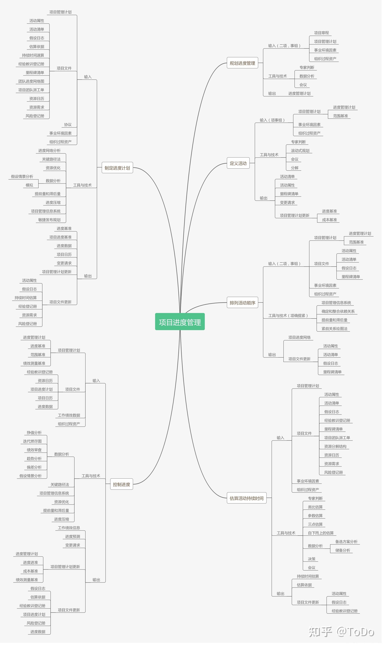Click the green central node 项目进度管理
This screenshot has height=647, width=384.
(181, 324)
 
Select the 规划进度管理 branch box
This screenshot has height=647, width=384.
(244, 63)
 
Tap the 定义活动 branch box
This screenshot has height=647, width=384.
(239, 164)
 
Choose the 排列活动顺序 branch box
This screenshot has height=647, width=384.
(244, 304)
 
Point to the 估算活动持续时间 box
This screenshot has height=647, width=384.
(248, 501)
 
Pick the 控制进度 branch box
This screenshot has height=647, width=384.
(122, 487)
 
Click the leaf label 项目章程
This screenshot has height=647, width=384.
(323, 33)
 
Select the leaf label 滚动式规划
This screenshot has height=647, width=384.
(302, 151)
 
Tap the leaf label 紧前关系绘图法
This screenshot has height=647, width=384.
(336, 331)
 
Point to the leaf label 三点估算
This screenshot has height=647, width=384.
(317, 527)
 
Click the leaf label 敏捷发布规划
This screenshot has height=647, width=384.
(50, 221)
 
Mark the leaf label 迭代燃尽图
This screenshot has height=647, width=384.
(33, 444)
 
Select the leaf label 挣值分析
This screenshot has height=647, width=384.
(34, 435)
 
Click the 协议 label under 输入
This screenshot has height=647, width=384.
(68, 125)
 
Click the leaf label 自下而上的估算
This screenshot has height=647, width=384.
(323, 536)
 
